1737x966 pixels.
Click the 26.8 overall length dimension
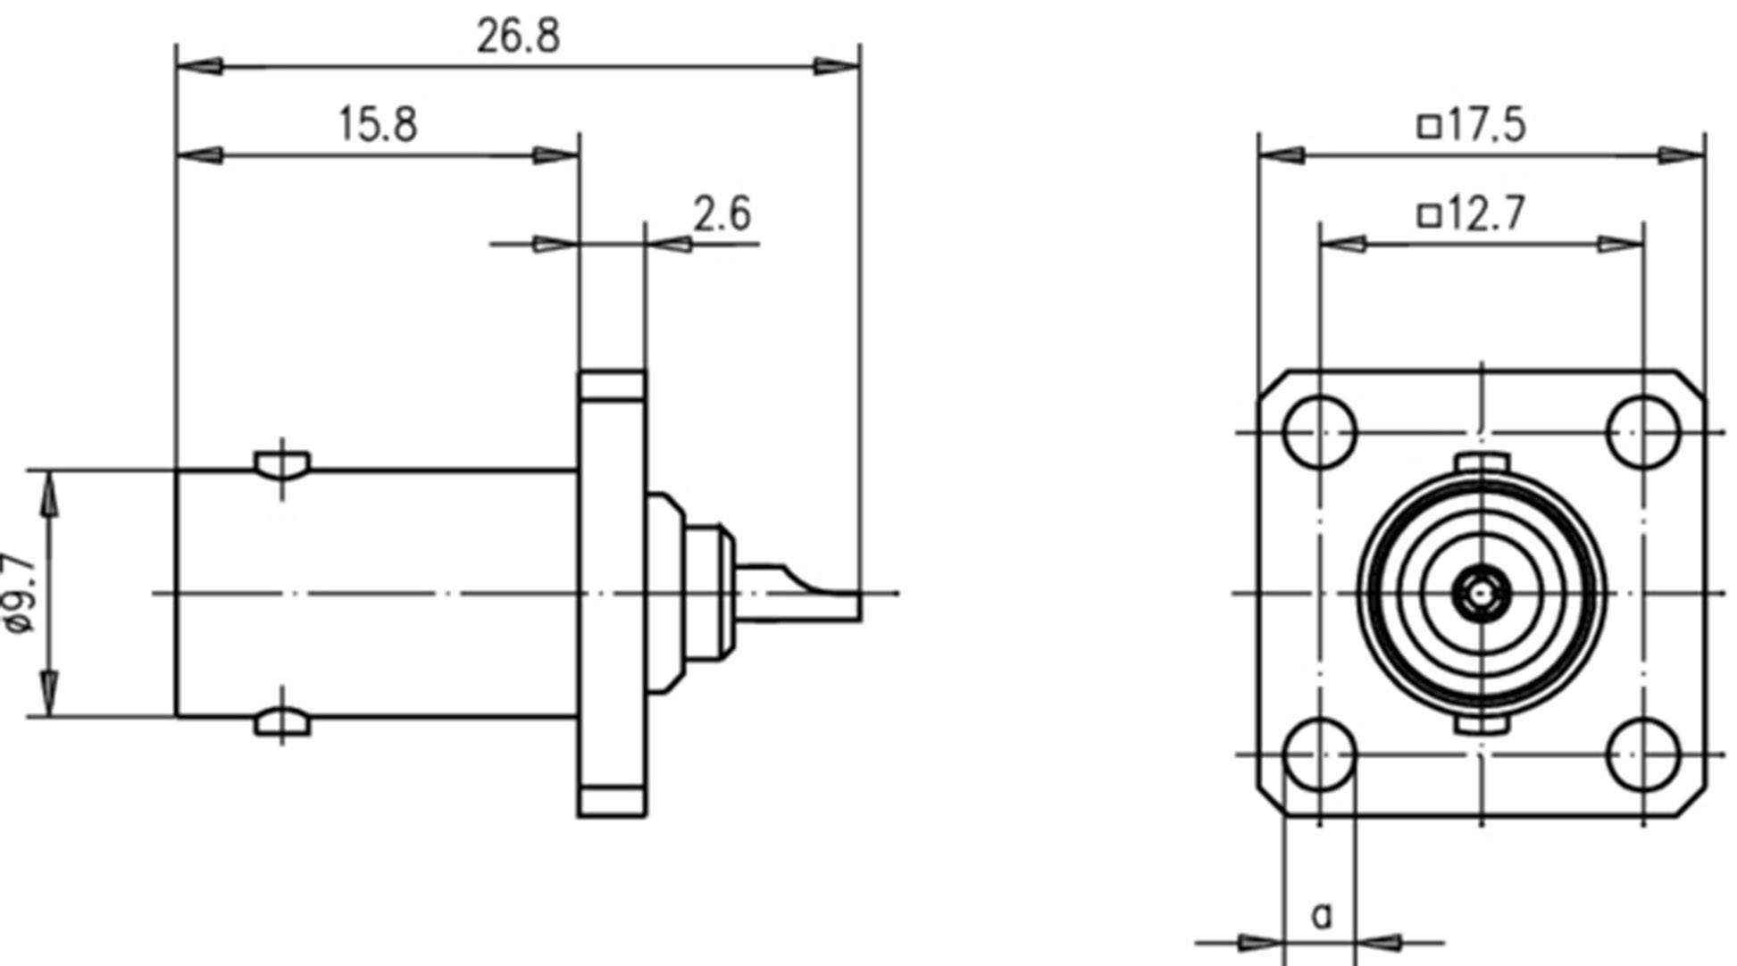pos(518,37)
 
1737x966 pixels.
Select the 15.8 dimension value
pos(378,124)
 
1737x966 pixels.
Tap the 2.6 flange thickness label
pos(722,214)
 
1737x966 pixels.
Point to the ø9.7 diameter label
pos(20,594)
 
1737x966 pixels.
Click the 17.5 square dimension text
pos(1486,125)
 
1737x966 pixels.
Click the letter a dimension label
pos(1322,914)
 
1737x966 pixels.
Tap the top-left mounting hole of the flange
pos(1319,432)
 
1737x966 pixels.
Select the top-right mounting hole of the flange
pos(1642,432)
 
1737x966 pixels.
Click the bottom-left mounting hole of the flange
pos(1319,754)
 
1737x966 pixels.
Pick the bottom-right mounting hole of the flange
pos(1642,754)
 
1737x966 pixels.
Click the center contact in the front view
pos(1482,593)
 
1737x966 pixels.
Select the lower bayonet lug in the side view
pos(282,721)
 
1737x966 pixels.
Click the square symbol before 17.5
pos(1429,126)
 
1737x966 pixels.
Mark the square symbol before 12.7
pos(1429,215)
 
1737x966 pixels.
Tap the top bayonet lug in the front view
pos(1482,462)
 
